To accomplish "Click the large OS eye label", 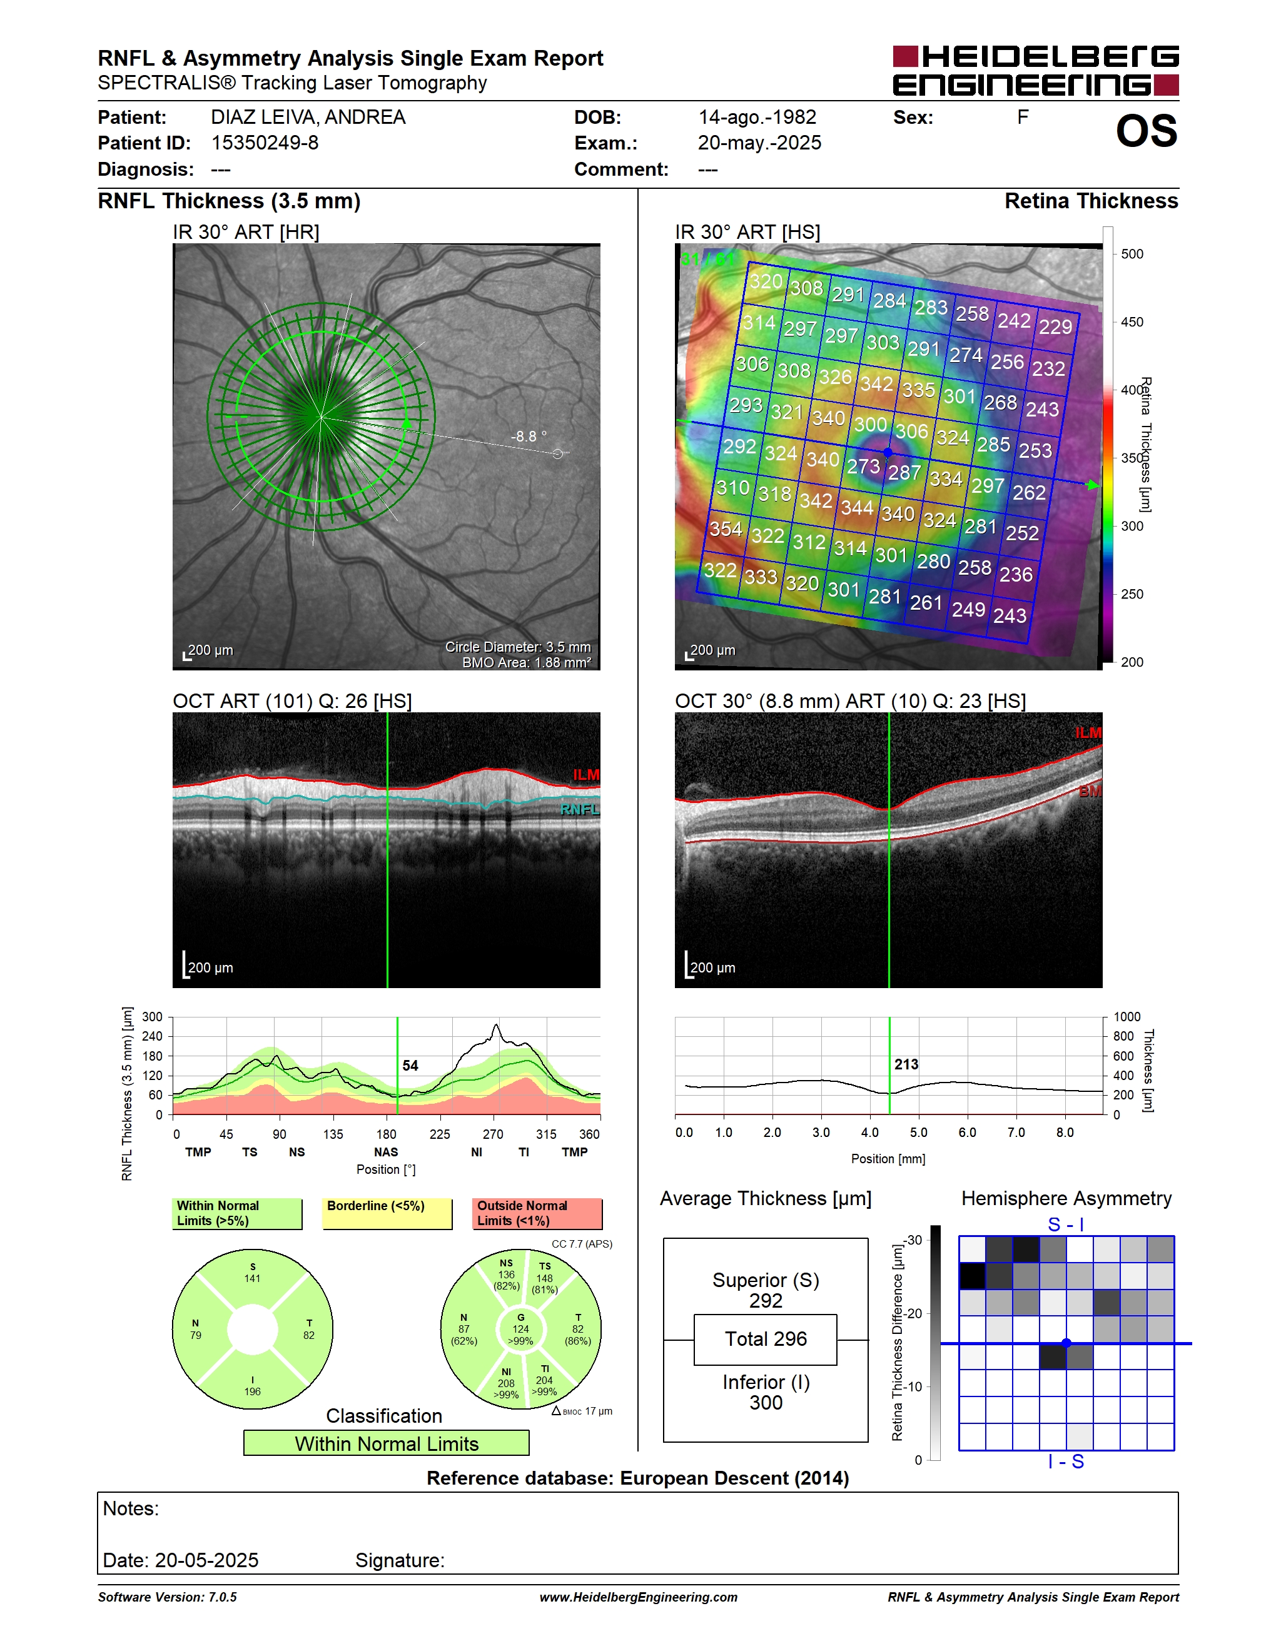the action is [1146, 131].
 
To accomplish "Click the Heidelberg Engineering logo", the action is [1036, 70].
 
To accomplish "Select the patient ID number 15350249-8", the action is [265, 143].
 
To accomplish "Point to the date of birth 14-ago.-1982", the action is [757, 117].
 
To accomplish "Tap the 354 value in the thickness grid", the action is [726, 528].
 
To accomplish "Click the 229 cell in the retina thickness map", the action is [1055, 326].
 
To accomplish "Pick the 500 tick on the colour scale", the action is [1132, 254].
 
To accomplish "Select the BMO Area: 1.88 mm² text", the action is [527, 662].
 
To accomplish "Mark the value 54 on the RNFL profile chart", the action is [410, 1065].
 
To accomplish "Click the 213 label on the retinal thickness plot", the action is [906, 1064].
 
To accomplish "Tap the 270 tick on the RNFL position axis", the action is [493, 1134].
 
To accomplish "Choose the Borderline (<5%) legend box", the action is [387, 1213].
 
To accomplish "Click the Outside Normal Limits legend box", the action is [537, 1213].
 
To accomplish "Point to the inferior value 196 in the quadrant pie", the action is [253, 1391].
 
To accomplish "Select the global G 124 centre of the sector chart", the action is [521, 1329].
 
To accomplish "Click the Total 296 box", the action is [765, 1340].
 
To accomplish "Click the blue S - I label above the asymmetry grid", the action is [1066, 1224].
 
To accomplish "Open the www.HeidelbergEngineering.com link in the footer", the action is [639, 1597].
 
